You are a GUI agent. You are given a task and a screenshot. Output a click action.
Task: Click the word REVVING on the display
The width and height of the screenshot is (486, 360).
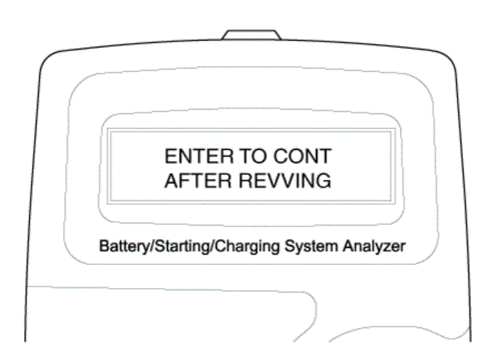click(285, 180)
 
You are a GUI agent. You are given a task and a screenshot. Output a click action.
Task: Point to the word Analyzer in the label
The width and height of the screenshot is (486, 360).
click(374, 246)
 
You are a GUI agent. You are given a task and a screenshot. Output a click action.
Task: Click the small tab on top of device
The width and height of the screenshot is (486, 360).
click(252, 35)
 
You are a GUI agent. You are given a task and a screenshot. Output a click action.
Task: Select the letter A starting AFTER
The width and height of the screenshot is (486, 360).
click(171, 180)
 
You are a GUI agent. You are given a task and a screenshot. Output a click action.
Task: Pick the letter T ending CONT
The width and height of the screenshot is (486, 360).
click(326, 156)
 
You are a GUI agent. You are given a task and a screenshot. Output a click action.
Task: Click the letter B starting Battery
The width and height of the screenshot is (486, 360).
click(104, 246)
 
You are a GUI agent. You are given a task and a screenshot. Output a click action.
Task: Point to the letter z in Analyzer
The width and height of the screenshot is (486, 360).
click(386, 248)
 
